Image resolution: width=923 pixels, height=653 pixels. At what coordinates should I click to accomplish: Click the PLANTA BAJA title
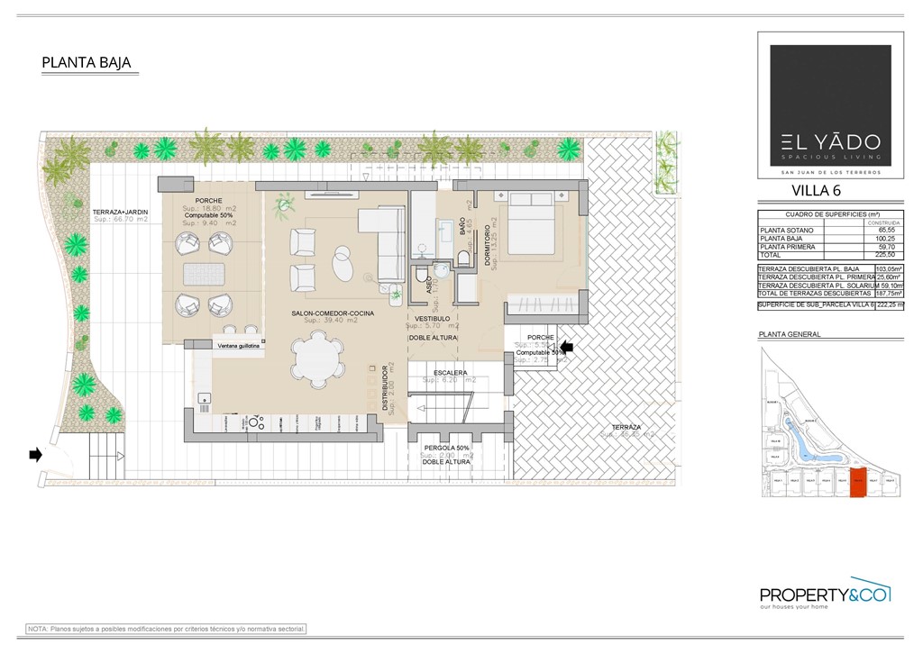point(87,62)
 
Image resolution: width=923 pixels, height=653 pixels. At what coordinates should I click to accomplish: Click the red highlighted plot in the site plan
point(857,483)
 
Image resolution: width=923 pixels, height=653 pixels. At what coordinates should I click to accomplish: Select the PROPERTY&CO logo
point(825,594)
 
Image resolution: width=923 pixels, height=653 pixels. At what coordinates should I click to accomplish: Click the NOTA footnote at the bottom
point(167,629)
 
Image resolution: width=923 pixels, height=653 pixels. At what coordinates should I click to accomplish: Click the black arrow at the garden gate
point(35,455)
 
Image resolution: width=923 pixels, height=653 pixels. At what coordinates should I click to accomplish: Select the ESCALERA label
point(450,372)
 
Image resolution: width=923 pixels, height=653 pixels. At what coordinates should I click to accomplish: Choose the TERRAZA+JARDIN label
point(120,211)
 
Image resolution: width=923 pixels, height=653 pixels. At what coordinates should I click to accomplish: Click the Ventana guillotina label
point(238,345)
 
